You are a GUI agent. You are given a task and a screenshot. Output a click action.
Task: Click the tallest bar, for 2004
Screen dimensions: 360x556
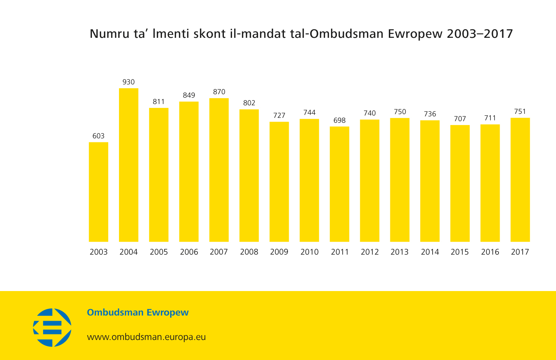coord(129,165)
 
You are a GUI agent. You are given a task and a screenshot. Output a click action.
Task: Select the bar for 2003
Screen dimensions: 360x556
coord(99,192)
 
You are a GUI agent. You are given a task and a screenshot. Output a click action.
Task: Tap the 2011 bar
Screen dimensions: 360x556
coord(340,184)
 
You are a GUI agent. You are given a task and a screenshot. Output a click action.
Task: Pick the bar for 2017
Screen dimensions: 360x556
coord(520,180)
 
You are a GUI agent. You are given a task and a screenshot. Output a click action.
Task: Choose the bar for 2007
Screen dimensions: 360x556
coord(219,170)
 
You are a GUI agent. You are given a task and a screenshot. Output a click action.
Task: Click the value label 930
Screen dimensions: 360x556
coord(129,82)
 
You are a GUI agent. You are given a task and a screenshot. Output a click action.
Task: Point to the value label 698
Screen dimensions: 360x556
coord(340,120)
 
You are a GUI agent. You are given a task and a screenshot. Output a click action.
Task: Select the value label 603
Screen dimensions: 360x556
coord(99,136)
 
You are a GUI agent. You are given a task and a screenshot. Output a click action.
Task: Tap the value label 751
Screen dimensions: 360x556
coord(520,112)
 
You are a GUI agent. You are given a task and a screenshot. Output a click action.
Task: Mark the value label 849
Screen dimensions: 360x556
coord(189,95)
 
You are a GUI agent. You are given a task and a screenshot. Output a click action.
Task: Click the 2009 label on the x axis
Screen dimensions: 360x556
coord(279,252)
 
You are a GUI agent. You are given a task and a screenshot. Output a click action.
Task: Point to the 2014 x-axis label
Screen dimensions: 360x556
coord(430,252)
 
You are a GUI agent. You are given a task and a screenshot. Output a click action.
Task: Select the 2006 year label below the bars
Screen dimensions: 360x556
coord(189,252)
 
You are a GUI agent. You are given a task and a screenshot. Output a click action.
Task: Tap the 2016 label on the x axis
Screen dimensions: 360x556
coord(490,252)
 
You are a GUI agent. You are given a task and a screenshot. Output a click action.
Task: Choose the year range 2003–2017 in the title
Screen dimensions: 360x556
coord(480,34)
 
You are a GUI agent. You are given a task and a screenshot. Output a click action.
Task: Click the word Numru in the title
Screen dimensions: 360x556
coord(107,34)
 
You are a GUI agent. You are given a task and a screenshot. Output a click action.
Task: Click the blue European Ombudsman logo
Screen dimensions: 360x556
coord(52,327)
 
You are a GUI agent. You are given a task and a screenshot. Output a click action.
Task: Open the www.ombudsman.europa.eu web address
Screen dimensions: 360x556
coord(146,337)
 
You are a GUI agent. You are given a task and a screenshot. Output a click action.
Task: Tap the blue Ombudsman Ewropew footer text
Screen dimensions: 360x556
coord(138,313)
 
